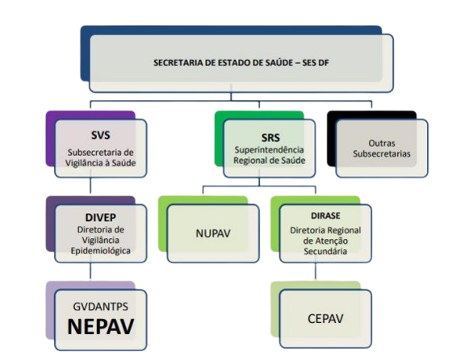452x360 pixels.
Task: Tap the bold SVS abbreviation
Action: [101, 135]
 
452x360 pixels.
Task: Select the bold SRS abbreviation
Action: [270, 138]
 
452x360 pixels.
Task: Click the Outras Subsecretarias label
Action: [382, 149]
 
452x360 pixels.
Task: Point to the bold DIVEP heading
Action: [101, 217]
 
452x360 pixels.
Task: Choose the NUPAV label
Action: [213, 233]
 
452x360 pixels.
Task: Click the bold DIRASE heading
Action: [325, 216]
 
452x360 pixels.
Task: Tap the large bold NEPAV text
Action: [101, 326]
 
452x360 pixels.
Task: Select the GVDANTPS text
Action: [101, 307]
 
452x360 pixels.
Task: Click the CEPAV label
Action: [325, 319]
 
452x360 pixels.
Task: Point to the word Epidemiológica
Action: [101, 251]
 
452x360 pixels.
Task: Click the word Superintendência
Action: [270, 150]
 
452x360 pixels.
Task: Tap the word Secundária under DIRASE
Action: [325, 251]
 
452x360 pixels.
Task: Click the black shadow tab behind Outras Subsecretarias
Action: [332, 138]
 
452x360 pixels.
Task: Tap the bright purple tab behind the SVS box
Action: [50, 138]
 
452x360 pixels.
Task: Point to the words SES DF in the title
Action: [316, 62]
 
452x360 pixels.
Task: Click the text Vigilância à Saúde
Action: [101, 163]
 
